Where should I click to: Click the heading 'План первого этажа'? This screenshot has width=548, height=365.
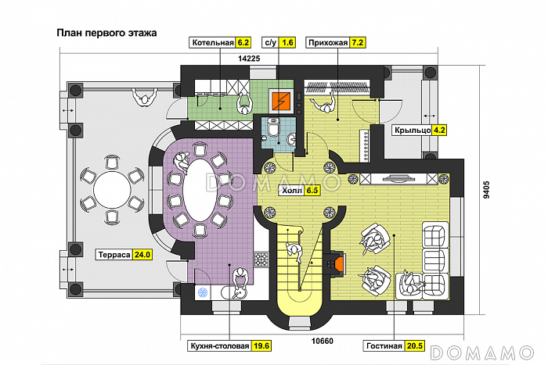tap(106, 33)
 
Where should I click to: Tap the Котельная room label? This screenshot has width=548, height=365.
tap(213, 42)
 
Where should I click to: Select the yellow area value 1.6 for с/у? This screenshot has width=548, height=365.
tap(287, 42)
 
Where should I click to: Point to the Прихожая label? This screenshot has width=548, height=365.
tap(328, 42)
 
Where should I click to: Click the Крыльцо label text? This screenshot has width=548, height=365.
tap(413, 131)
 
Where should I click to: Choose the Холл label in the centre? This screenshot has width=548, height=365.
tap(292, 191)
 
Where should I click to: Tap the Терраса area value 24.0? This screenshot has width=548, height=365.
tap(142, 255)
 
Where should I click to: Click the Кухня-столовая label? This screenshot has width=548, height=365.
tap(220, 345)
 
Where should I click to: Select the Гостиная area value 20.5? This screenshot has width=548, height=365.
tap(415, 345)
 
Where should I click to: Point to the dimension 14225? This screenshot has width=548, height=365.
tap(249, 59)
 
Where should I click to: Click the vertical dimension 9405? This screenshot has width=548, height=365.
tap(486, 190)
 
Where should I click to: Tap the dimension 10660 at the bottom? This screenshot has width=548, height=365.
tap(323, 341)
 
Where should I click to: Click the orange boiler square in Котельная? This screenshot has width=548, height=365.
tap(281, 101)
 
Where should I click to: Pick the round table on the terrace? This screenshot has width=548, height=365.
tap(112, 189)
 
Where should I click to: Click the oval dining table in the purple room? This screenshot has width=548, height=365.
tap(200, 190)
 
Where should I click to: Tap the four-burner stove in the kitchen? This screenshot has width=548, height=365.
tap(261, 259)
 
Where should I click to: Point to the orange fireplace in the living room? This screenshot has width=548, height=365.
tap(339, 263)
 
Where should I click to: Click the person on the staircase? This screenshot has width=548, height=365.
tap(294, 251)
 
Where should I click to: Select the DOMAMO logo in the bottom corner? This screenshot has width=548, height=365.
tap(482, 352)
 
